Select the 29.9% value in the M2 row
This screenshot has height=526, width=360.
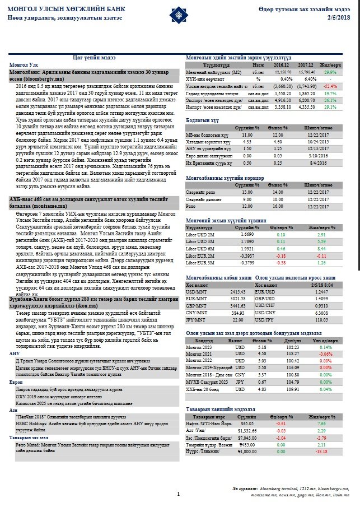coord(330,73)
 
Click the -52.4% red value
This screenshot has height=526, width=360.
coord(330,87)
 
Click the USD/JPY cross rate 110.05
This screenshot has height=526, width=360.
coord(321,320)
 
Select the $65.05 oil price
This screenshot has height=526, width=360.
coord(247,425)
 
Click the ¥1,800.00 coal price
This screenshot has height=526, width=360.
coord(246,452)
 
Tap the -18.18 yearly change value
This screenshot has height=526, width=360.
coord(320,452)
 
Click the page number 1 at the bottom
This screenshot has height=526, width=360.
coord(178,494)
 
